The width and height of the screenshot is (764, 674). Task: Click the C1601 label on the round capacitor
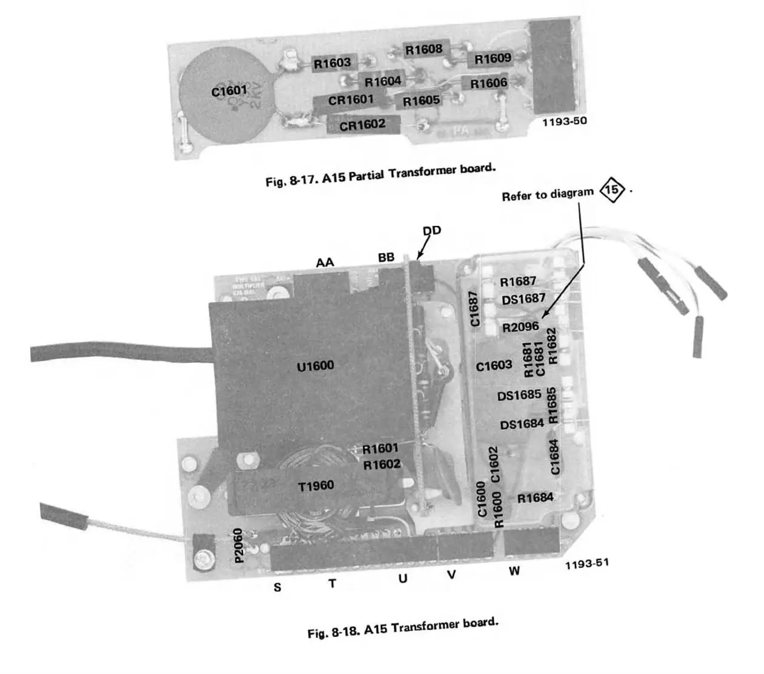[x=229, y=91]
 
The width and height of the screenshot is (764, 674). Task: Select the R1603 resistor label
[x=332, y=62]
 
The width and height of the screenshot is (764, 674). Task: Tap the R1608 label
[x=424, y=49]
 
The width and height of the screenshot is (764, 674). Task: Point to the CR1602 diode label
[x=362, y=125]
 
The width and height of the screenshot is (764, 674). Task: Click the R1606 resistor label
[x=488, y=84]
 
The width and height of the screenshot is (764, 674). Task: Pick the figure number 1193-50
[x=564, y=121]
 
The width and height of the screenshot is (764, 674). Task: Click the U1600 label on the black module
[x=315, y=366]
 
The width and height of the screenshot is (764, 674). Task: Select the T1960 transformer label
[x=316, y=486]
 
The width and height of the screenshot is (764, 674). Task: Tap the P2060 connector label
[x=239, y=545]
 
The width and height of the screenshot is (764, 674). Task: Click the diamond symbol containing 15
[x=612, y=190]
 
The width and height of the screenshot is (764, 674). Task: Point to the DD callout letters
[x=431, y=230]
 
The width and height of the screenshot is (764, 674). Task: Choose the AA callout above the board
[x=325, y=262]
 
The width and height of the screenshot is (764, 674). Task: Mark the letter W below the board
[x=514, y=571]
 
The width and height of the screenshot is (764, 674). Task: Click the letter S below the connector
[x=277, y=587]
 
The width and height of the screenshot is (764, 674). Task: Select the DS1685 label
[x=519, y=395]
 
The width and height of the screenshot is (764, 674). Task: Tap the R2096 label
[x=520, y=328]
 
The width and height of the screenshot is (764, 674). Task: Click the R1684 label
[x=534, y=498]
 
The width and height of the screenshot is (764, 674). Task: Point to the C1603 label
[x=494, y=366]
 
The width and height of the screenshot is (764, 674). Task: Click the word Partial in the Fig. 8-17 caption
[x=367, y=176]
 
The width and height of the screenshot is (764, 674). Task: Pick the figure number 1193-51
[x=586, y=564]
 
